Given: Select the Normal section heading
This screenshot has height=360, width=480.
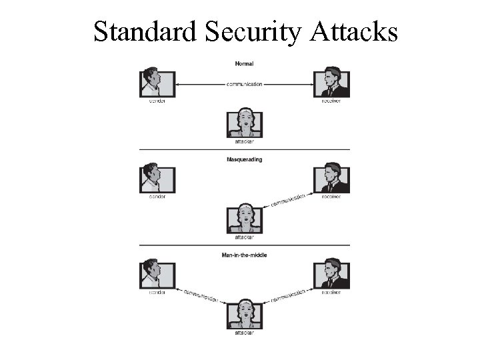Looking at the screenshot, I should pos(244,64).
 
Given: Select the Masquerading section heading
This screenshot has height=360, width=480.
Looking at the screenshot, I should pos(244,160).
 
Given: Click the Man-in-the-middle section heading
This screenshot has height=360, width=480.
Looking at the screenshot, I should pos(244,255).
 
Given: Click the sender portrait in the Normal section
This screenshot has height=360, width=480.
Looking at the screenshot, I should pos(157,82).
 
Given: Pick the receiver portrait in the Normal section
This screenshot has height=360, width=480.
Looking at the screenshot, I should pos(331,82).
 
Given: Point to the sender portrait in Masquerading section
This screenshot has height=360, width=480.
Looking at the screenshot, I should pos(157,178).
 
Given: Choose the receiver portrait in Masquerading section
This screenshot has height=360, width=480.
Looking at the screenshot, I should pos(331,178).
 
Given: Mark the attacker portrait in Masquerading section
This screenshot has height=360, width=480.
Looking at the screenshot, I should pos(244,219).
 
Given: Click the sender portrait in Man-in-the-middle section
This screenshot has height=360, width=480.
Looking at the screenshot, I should pos(157,274).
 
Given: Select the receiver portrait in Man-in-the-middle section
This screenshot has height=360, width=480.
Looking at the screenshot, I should pos(331,274).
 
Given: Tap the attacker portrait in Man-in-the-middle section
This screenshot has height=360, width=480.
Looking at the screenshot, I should pos(244,314).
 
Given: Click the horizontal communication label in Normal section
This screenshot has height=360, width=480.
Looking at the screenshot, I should pos(244,85).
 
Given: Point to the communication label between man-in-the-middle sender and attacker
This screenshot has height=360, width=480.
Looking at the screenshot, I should pos(200,295).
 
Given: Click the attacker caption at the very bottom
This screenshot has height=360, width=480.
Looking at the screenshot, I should pos(244,333).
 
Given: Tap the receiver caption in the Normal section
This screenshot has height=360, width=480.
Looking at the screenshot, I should pos(331,101).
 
